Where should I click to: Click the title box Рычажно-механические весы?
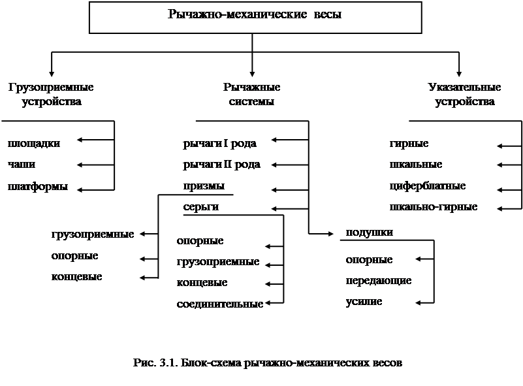[253, 16]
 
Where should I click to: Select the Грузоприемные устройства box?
[51, 95]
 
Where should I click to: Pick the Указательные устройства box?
[464, 95]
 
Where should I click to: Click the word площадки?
[33, 144]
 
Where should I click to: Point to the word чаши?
[22, 165]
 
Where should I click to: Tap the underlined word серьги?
[200, 207]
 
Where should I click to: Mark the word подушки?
[369, 233]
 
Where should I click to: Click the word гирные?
[409, 144]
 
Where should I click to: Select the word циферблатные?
[427, 186]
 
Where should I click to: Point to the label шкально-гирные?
[433, 207]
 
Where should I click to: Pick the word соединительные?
[220, 304]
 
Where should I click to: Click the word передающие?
[379, 281]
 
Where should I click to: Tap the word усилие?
[364, 302]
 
